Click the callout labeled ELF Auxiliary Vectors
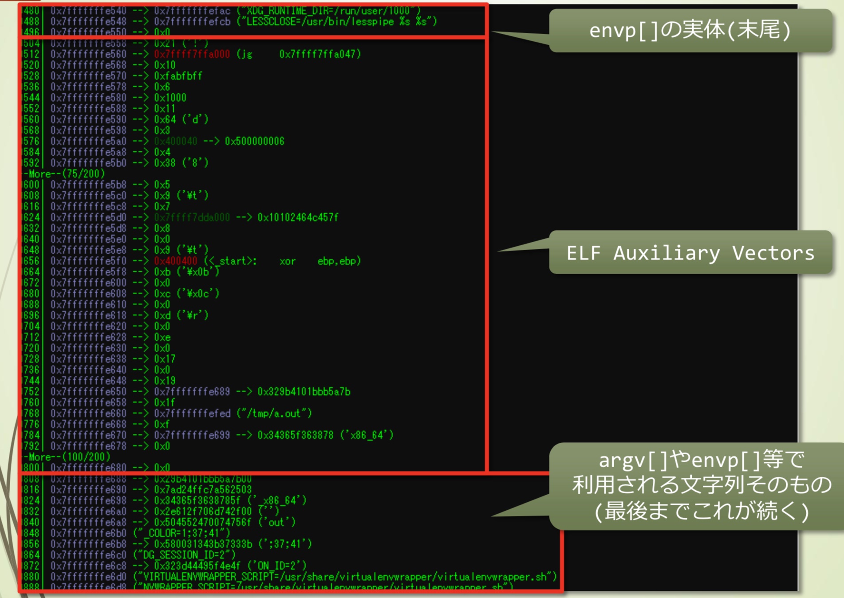[x=690, y=253]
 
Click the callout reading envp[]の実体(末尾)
[x=690, y=30]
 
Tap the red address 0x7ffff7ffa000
[x=192, y=54]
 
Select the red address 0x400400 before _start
[x=175, y=261]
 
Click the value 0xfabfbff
[x=178, y=76]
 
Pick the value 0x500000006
[x=254, y=141]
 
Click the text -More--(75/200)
[x=64, y=174]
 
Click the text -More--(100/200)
[x=67, y=456]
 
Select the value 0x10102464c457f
[x=298, y=217]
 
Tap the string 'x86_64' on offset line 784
[x=367, y=435]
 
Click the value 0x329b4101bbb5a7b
[x=304, y=392]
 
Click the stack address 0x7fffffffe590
[x=88, y=119]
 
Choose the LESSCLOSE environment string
[x=337, y=21]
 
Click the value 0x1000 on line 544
[x=170, y=98]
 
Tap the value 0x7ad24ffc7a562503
[x=203, y=489]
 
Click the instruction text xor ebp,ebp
[x=320, y=261]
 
